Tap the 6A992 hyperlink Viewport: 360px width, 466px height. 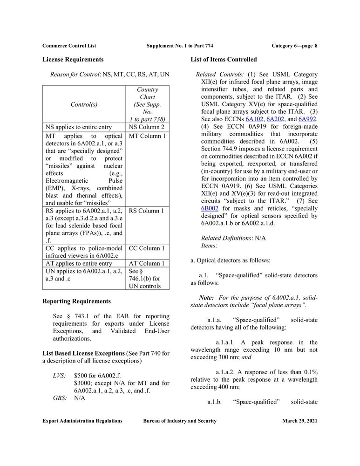tap(307, 119)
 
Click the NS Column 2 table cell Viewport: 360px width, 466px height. tap(146, 127)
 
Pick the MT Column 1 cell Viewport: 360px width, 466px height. tap(147, 136)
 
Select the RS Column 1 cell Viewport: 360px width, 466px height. tap(146, 211)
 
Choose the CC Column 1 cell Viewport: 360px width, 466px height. tap(147, 248)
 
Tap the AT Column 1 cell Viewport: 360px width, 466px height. tap(146, 263)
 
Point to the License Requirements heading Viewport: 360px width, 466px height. tap(73, 60)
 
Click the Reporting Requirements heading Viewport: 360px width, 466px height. tap(76, 301)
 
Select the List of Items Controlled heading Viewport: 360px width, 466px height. tap(224, 60)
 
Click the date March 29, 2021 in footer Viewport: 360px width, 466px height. tap(299, 421)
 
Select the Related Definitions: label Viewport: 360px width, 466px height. tap(226, 238)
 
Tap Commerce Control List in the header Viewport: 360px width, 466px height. tap(69, 45)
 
